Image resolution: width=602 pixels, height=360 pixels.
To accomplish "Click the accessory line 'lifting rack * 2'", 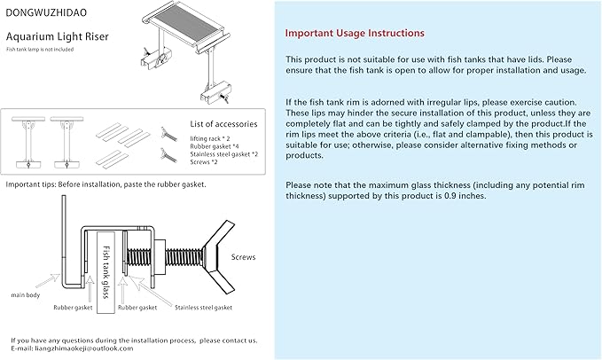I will [209, 138].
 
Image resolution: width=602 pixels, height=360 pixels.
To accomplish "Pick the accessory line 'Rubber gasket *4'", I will [213, 146].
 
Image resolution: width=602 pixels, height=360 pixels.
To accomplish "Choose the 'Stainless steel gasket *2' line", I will [223, 154].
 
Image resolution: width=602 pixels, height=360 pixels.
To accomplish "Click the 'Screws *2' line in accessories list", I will [205, 162].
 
